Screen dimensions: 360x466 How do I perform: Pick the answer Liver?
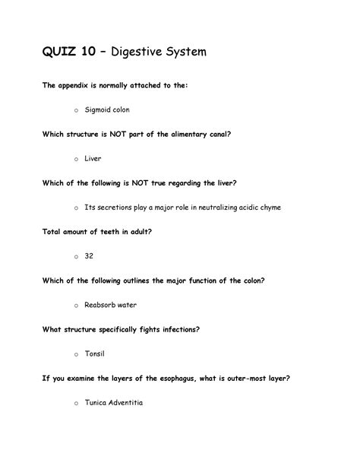[x=93, y=159]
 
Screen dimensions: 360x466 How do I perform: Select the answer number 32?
[x=89, y=256]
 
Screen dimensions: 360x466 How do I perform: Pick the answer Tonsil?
[x=95, y=353]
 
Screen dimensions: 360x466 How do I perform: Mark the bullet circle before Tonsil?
[x=76, y=354]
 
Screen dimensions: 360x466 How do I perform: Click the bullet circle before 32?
[x=76, y=257]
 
